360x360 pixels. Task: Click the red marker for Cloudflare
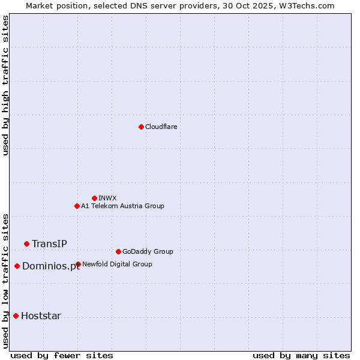click(141, 127)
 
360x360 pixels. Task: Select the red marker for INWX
click(94, 198)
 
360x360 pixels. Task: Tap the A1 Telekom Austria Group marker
click(77, 206)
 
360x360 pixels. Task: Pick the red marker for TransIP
click(26, 244)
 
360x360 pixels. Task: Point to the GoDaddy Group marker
click(118, 251)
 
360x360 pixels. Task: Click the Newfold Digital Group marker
click(78, 264)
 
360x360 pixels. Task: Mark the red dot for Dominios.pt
click(17, 266)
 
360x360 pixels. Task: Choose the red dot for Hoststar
click(16, 316)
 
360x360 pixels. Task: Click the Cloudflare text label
click(161, 127)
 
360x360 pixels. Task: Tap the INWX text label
click(107, 198)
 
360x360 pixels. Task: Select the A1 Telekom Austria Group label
click(122, 206)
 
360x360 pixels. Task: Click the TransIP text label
click(49, 244)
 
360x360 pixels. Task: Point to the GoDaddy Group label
click(148, 251)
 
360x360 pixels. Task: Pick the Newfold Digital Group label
click(117, 264)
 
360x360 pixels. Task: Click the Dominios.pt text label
click(50, 266)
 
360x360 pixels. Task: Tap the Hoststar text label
click(41, 316)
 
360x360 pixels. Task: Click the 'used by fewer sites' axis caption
click(62, 355)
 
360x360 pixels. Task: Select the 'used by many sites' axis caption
click(301, 355)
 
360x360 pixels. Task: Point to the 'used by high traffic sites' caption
click(6, 85)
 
